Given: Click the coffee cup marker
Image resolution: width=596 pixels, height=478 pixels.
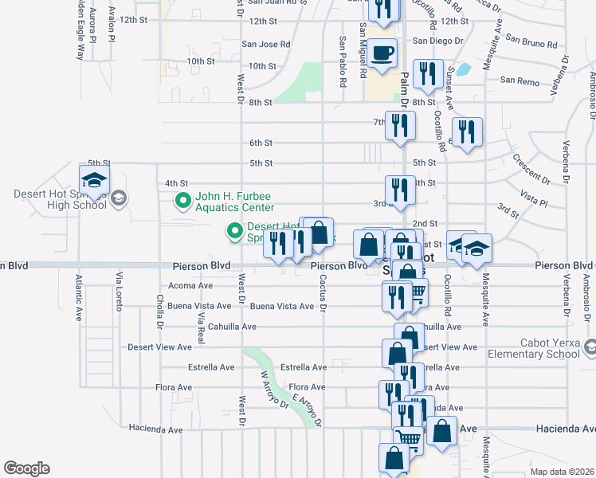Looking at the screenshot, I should [x=382, y=53].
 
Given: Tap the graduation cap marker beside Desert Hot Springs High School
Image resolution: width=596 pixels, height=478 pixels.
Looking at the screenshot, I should [x=93, y=181].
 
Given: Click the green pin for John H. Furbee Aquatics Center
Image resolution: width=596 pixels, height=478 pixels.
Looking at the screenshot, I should [x=182, y=199].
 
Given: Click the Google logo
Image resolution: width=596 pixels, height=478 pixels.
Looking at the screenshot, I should [x=26, y=468].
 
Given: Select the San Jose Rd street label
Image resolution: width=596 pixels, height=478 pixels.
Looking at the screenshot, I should [x=266, y=45].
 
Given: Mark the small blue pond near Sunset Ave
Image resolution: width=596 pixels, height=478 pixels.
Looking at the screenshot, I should [x=461, y=69].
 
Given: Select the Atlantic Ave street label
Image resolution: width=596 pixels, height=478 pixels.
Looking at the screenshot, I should [x=80, y=297].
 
